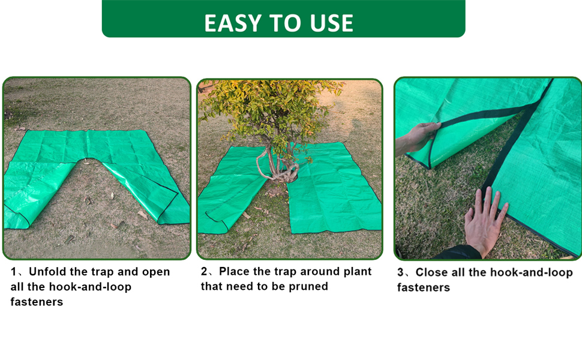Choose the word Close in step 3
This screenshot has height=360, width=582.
(431, 272)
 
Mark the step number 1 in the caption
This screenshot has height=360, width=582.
(13, 272)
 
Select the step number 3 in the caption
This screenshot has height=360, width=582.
(400, 272)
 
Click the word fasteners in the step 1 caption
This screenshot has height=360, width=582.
(37, 302)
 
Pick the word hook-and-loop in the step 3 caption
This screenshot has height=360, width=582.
(532, 272)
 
